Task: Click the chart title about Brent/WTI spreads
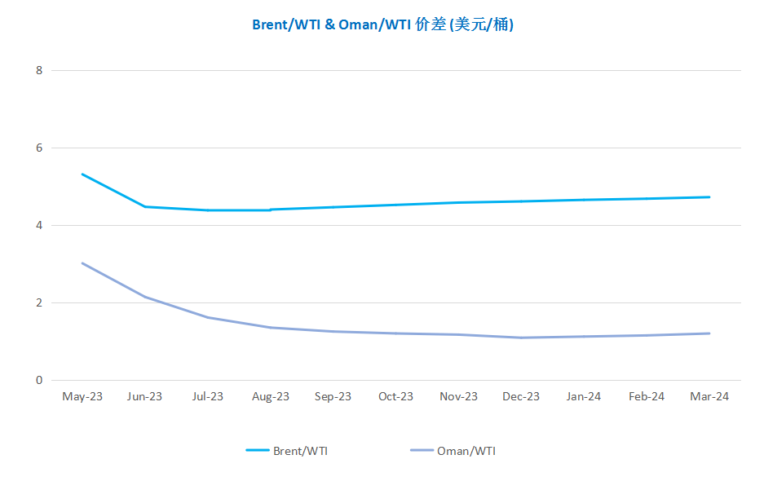pyautogui.click(x=382, y=24)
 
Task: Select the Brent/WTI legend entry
pyautogui.click(x=287, y=451)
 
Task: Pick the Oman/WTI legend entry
pyautogui.click(x=453, y=451)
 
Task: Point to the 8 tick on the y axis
pyautogui.click(x=39, y=70)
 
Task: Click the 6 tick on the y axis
pyautogui.click(x=39, y=148)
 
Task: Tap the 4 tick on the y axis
pyautogui.click(x=39, y=225)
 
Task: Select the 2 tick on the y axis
pyautogui.click(x=39, y=302)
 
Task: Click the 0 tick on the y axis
pyautogui.click(x=39, y=380)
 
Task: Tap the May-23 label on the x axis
pyautogui.click(x=82, y=396)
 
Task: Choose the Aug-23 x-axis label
pyautogui.click(x=271, y=396)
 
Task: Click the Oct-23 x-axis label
pyautogui.click(x=395, y=396)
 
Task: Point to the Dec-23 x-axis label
pyautogui.click(x=521, y=396)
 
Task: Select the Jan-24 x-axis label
pyautogui.click(x=584, y=396)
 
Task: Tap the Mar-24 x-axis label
pyautogui.click(x=709, y=396)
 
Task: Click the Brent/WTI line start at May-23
pyautogui.click(x=82, y=174)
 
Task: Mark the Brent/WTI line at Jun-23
pyautogui.click(x=145, y=206)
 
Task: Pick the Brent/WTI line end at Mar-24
pyautogui.click(x=709, y=196)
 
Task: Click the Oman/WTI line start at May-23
pyautogui.click(x=82, y=263)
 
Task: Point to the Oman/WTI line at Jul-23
pyautogui.click(x=208, y=318)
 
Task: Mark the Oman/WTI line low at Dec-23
pyautogui.click(x=521, y=338)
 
